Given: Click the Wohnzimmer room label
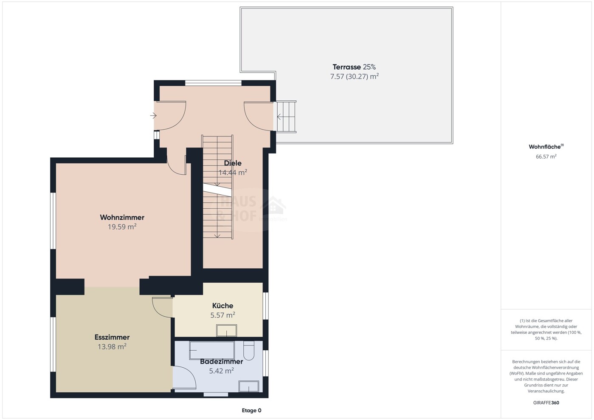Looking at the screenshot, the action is [x=122, y=217].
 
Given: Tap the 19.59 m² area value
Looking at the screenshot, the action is [x=122, y=227].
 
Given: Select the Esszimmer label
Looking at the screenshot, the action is [x=112, y=337].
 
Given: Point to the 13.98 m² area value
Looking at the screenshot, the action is [x=112, y=346].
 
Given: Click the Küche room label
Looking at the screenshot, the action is [x=222, y=306].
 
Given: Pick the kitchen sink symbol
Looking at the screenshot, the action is [x=226, y=331].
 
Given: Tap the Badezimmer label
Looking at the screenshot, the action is [x=222, y=361].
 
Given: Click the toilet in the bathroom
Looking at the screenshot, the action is [x=249, y=350].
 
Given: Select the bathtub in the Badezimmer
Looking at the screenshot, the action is [x=212, y=350].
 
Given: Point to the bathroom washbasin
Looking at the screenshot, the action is [x=248, y=386].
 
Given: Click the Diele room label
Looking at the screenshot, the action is [x=233, y=163].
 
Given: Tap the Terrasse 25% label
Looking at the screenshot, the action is [x=354, y=67].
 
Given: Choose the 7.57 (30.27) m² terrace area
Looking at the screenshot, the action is [x=354, y=77].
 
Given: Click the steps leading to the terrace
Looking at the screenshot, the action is [x=286, y=116].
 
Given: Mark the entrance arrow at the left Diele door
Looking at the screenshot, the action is [x=153, y=116].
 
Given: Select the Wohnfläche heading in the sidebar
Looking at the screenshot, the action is [x=546, y=147].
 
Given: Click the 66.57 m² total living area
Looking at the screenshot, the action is [x=546, y=156].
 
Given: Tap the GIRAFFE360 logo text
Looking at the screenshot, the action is [x=546, y=403].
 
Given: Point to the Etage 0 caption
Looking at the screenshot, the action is [x=251, y=410].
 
